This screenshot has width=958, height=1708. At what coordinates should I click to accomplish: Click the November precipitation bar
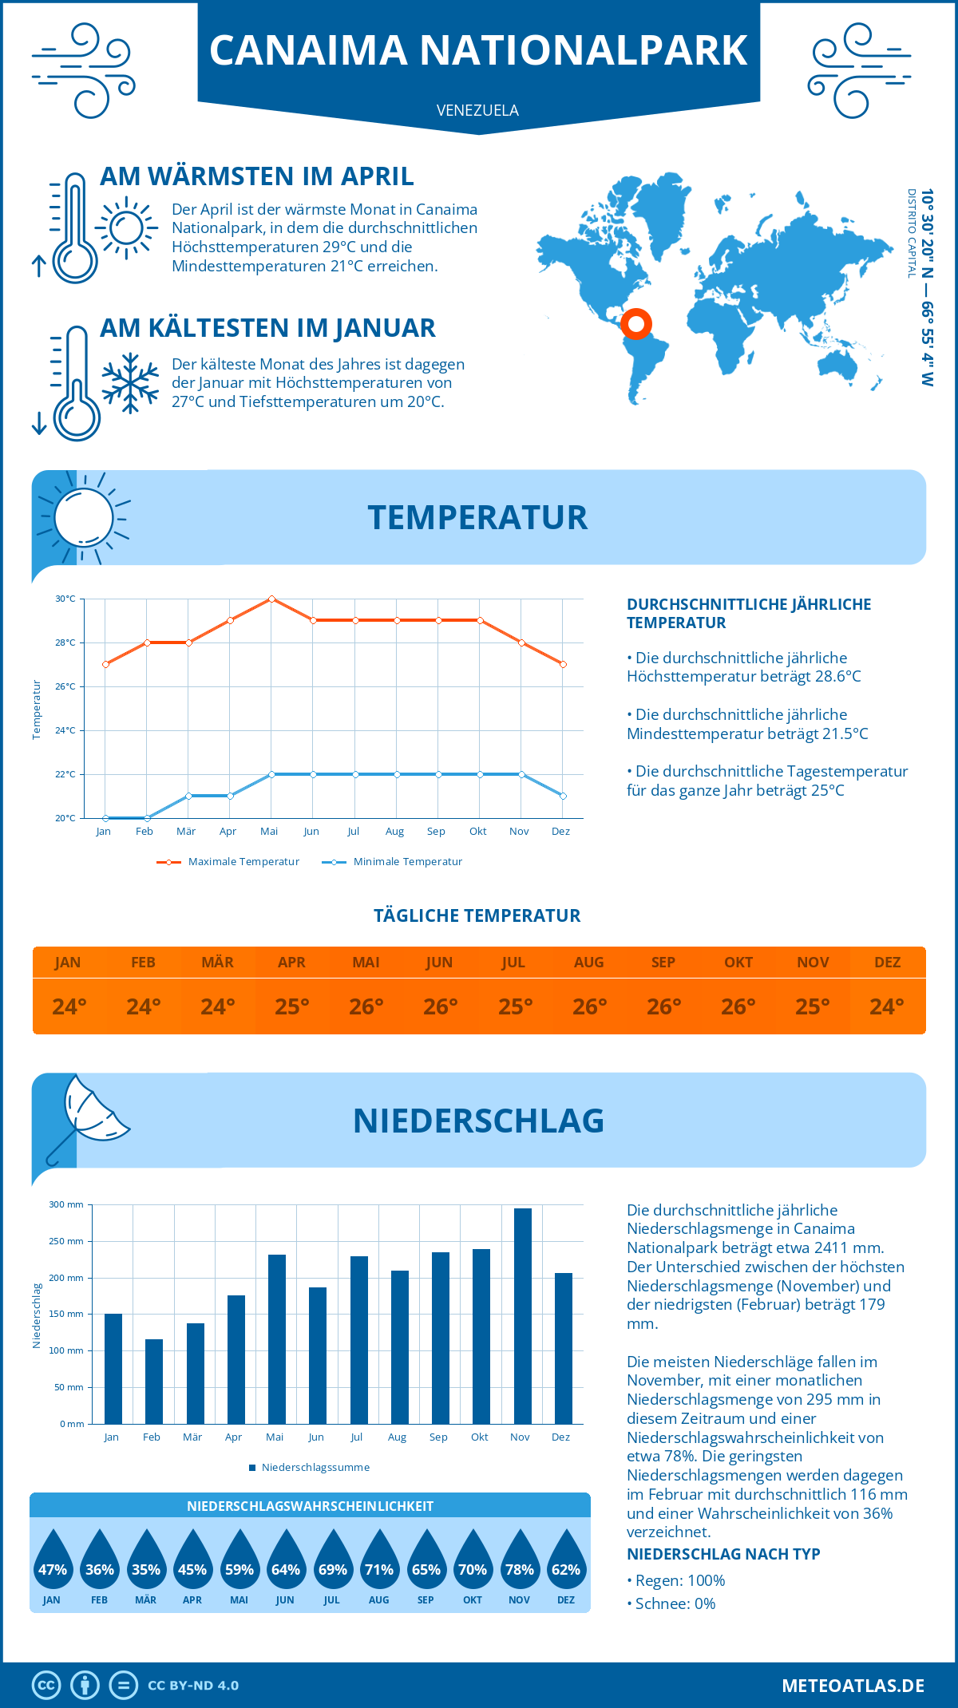click(522, 1317)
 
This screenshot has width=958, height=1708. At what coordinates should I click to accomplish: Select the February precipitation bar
click(154, 1382)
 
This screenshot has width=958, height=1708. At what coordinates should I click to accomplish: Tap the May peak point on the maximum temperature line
click(271, 599)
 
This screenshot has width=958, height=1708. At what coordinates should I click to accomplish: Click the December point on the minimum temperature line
click(563, 796)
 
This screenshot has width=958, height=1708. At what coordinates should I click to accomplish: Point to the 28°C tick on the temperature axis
click(65, 642)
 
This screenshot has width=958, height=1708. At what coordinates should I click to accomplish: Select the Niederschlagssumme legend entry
click(315, 1468)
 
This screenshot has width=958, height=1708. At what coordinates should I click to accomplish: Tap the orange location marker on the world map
click(636, 324)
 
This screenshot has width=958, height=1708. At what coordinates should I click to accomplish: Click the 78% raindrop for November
click(520, 1564)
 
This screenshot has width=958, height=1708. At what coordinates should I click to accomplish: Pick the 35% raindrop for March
click(146, 1564)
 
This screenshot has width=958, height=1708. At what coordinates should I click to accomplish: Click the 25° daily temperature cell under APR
click(292, 1006)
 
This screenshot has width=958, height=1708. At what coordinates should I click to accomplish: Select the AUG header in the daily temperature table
click(589, 963)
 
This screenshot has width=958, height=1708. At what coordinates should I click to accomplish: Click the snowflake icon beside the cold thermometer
click(130, 383)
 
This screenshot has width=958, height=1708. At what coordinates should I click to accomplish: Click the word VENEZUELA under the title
click(477, 110)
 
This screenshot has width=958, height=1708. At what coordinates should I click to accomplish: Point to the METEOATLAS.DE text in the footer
click(853, 1686)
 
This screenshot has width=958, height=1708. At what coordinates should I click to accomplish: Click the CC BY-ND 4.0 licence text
click(193, 1686)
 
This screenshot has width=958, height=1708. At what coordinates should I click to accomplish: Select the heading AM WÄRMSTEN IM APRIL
click(256, 176)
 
